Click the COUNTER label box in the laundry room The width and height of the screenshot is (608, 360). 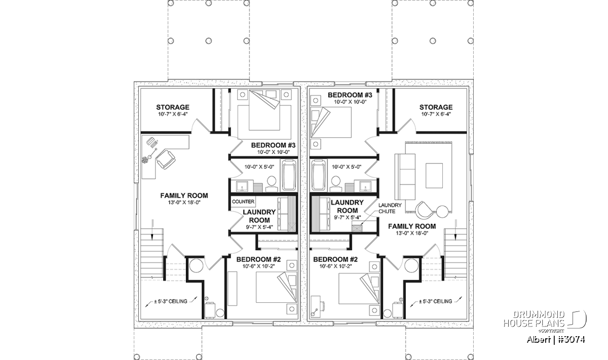[243, 202]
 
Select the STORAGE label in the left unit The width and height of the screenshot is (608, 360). [173, 107]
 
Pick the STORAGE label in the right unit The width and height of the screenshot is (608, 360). [436, 107]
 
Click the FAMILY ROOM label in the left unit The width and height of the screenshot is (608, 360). [184, 195]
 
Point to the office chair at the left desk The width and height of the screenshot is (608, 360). [165, 160]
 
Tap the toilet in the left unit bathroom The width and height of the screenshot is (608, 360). [272, 184]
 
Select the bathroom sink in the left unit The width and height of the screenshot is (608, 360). [242, 186]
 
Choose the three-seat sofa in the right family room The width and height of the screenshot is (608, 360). [405, 177]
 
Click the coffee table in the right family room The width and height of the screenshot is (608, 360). [434, 176]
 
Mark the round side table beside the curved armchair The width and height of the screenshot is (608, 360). [442, 212]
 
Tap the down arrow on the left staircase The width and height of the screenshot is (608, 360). [153, 229]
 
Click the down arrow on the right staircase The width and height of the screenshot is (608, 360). [455, 229]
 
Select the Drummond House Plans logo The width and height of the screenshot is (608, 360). [544, 322]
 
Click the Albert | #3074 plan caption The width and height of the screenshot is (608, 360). [556, 340]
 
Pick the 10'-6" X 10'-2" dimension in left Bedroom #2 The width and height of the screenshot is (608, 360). [259, 266]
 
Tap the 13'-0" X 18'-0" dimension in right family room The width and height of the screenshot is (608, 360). [412, 233]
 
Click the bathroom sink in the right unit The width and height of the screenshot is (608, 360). [366, 186]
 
